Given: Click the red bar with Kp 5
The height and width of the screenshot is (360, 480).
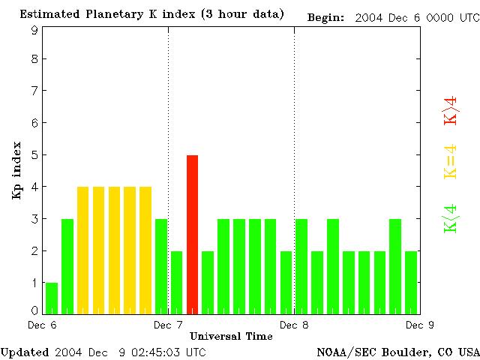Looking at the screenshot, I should click(192, 234).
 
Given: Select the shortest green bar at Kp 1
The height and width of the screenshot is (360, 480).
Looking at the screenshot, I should click(52, 298).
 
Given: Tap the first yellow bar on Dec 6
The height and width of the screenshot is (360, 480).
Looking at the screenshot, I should click(83, 250).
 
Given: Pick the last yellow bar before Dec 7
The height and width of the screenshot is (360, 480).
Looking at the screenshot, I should click(145, 250).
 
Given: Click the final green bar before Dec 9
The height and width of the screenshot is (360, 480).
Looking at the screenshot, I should click(410, 282).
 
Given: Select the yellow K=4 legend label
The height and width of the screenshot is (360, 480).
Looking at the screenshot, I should click(451, 162).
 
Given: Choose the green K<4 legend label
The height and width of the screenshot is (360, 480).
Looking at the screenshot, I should click(451, 218).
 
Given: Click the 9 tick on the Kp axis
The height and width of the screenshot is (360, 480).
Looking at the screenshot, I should click(34, 31).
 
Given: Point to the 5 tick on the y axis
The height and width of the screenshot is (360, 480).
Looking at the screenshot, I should click(34, 155).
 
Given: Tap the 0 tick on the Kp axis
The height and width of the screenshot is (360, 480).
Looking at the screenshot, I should click(34, 310).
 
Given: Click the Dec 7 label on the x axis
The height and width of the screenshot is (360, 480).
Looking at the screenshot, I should click(168, 325).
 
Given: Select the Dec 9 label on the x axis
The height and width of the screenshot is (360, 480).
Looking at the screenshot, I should click(418, 325).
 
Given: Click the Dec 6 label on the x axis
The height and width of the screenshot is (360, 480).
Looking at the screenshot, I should click(43, 325).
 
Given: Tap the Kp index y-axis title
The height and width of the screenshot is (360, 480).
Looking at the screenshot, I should click(16, 170).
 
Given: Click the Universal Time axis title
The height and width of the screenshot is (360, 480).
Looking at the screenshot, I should click(231, 335).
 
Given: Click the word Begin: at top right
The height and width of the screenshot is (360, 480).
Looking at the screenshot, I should click(325, 18).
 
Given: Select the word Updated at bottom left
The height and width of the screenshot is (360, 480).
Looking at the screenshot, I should click(25, 352).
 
